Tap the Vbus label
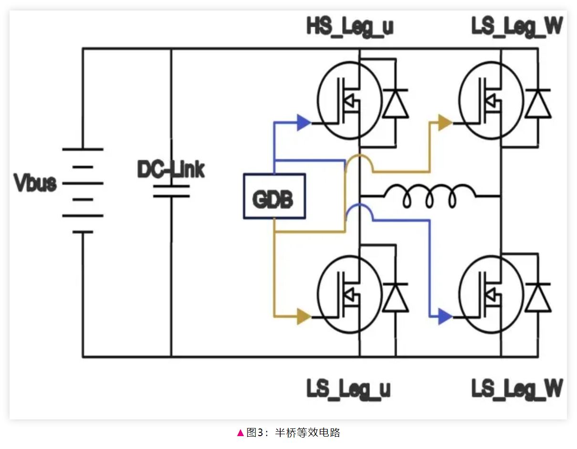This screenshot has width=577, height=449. click(35, 184)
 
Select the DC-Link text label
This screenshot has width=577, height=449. click(170, 169)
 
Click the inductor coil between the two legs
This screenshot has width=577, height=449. click(430, 196)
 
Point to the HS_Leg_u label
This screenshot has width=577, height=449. click(350, 27)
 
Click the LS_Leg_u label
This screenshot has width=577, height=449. click(348, 389)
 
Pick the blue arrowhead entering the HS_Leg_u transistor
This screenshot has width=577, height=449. click(304, 123)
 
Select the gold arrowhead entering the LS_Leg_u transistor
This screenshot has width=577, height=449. click(304, 316)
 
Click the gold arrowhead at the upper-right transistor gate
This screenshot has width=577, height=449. click(445, 123)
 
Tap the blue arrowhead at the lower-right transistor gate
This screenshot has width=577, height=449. click(445, 316)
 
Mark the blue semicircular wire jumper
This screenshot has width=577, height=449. click(359, 210)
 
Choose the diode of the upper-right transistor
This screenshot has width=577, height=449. click(538, 103)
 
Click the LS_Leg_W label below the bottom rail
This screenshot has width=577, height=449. click(517, 389)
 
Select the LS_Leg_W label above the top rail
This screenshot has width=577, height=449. click(517, 27)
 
